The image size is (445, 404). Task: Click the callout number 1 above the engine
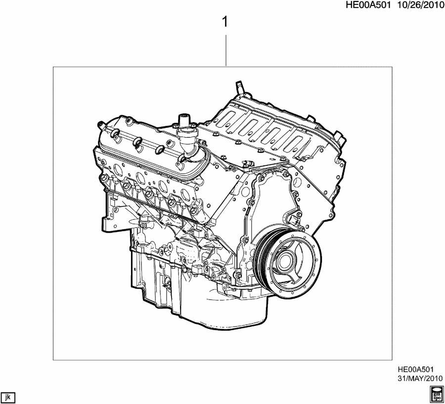click(x=226, y=22)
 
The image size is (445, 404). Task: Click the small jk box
click(x=8, y=396)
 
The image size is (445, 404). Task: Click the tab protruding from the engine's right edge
click(x=340, y=135)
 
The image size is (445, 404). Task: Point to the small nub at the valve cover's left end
click(x=100, y=123)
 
